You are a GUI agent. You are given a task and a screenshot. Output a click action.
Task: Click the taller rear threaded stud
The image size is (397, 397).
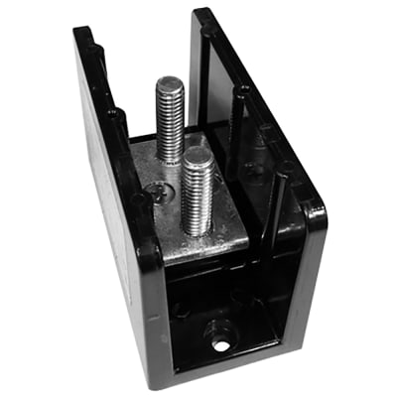(169, 114)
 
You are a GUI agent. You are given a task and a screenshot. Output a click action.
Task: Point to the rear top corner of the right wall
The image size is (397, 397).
(202, 15)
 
